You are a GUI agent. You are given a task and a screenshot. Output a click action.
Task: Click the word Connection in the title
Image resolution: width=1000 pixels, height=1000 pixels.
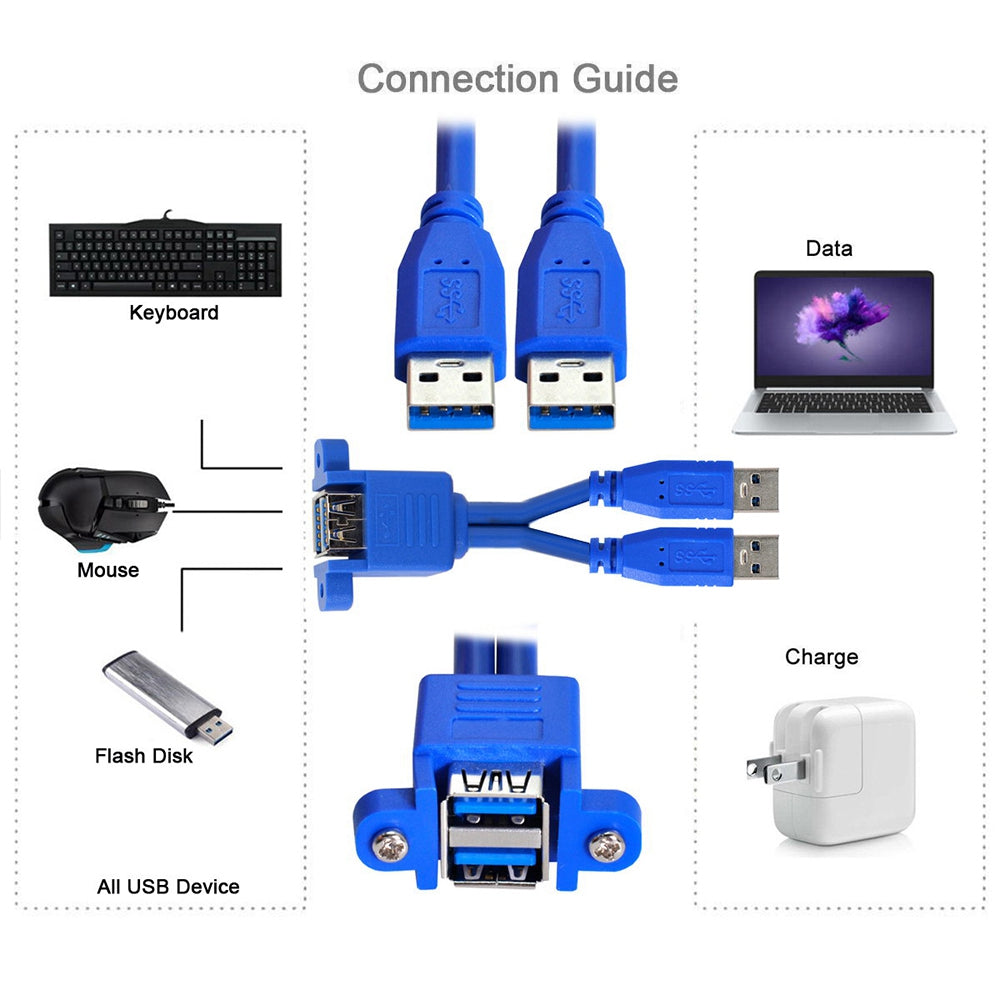[459, 78]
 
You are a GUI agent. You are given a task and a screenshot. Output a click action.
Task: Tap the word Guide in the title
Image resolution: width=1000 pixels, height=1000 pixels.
[625, 78]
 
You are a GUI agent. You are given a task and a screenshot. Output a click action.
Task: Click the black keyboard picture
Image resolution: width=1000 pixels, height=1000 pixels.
[165, 258]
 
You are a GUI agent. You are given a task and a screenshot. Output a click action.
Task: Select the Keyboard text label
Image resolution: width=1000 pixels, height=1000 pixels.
[173, 313]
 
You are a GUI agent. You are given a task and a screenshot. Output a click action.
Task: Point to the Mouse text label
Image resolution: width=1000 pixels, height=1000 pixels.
[108, 570]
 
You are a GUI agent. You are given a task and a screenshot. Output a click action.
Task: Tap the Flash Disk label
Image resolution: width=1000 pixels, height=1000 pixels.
[144, 756]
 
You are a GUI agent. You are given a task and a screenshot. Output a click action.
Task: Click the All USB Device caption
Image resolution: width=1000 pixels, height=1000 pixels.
[168, 886]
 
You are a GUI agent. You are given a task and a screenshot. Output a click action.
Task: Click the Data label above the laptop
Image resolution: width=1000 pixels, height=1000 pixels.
[829, 248]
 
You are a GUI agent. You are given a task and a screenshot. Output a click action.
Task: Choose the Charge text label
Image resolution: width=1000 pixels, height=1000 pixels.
[821, 657]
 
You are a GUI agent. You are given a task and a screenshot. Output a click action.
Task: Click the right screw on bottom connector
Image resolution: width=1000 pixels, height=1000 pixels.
[605, 847]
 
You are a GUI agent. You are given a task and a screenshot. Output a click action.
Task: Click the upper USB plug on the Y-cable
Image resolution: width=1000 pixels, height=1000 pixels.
[700, 488]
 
